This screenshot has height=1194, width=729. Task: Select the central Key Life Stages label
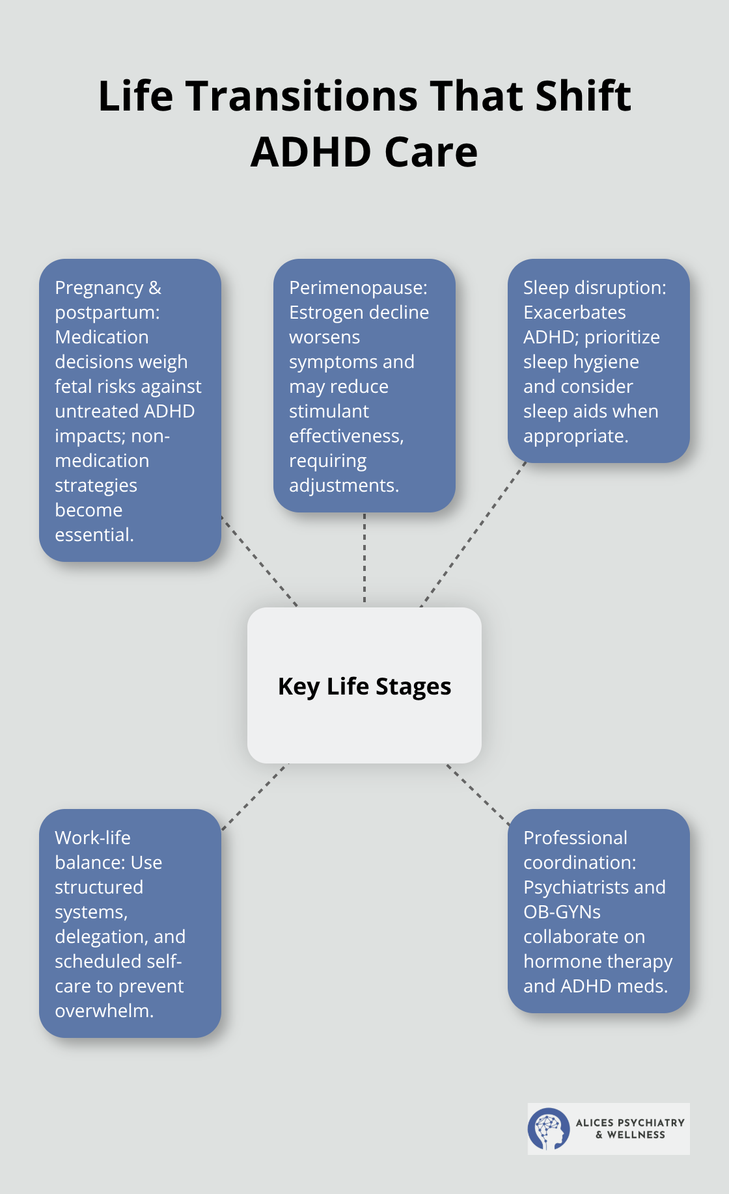[364, 686]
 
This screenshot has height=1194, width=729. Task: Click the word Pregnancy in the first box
[99, 287]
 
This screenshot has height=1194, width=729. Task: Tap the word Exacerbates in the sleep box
[574, 312]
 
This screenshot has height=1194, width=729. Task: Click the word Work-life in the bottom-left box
[92, 838]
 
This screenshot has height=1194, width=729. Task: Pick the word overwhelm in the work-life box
[103, 1011]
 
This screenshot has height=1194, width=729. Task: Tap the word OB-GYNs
[562, 912]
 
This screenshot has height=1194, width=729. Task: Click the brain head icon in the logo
[548, 1129]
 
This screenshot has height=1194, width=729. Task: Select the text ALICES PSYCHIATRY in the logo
[630, 1122]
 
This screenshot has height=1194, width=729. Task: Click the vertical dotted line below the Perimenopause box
[364, 559]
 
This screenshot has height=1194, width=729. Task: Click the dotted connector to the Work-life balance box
[254, 797]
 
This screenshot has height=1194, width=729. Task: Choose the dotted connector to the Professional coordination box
[478, 795]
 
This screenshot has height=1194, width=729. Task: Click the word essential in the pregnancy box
[94, 535]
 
